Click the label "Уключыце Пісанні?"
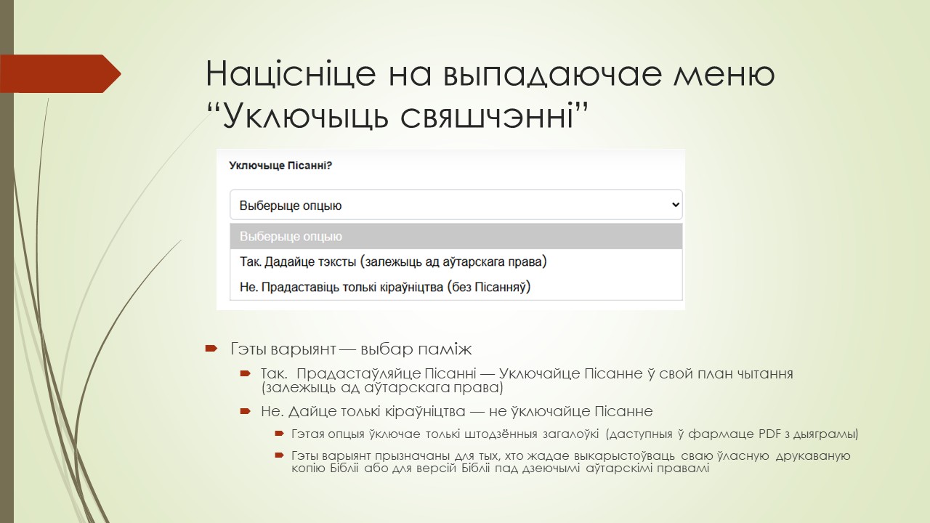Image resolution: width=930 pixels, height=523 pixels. click(280, 166)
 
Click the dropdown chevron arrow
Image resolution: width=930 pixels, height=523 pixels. click(675, 205)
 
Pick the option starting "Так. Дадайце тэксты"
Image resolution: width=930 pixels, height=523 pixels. click(392, 261)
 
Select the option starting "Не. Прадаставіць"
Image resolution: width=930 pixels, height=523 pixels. click(385, 287)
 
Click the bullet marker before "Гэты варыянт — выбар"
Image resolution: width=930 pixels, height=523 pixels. click(211, 349)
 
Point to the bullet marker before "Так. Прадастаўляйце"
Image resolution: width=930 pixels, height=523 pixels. click(246, 373)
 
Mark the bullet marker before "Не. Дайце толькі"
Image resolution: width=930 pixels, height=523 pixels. click(246, 412)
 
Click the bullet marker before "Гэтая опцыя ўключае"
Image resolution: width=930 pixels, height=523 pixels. click(278, 434)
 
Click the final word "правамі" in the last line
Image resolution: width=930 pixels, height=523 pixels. click(682, 469)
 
